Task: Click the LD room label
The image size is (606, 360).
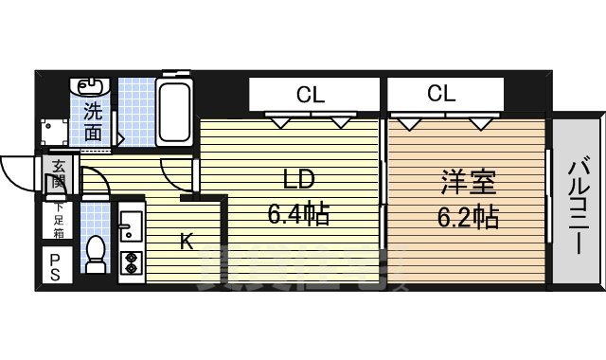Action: point(295,181)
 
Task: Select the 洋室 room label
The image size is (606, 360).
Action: point(464,181)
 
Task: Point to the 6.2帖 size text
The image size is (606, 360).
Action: point(467,217)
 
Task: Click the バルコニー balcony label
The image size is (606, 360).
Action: point(577,203)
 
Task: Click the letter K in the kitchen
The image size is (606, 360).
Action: point(187,243)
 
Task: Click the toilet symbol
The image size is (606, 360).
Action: point(94,254)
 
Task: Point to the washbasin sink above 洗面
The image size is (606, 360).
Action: point(92,87)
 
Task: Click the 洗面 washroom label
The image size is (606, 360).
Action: point(92,120)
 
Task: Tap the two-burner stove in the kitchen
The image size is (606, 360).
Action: point(129,259)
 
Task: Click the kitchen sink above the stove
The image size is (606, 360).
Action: point(129,226)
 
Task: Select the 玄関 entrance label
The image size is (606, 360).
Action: point(59,176)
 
